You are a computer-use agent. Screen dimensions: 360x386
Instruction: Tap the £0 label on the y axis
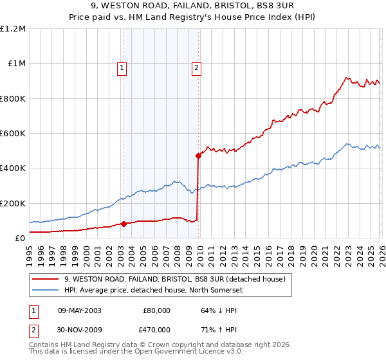[19, 238]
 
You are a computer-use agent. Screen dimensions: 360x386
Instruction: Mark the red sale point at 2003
[124, 224]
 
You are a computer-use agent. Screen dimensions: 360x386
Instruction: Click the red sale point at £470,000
[198, 156]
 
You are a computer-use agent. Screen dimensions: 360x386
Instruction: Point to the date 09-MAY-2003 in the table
[79, 310]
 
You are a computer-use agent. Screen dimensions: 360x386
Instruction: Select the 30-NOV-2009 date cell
[79, 328]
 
